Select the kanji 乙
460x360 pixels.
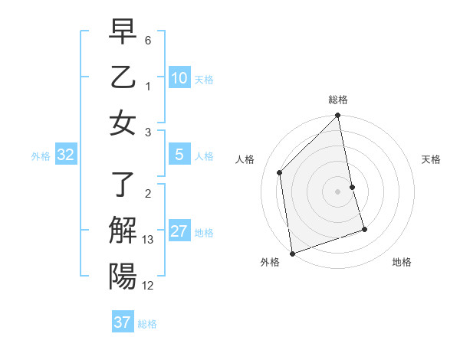(123, 78)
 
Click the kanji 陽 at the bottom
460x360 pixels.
(123, 275)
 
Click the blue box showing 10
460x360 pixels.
(179, 78)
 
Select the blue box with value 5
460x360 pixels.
(179, 155)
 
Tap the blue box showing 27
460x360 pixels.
(179, 232)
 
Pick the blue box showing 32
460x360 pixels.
(66, 155)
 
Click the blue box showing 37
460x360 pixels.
(123, 322)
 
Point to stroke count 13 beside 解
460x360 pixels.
(148, 241)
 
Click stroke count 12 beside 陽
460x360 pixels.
(148, 286)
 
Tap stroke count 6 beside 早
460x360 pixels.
(148, 39)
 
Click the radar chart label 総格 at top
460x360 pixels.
(338, 100)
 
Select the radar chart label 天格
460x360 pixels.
(431, 159)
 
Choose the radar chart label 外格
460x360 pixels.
(269, 263)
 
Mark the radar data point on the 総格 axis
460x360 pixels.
(338, 116)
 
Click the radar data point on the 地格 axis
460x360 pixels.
(364, 229)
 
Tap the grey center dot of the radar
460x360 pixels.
(338, 191)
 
